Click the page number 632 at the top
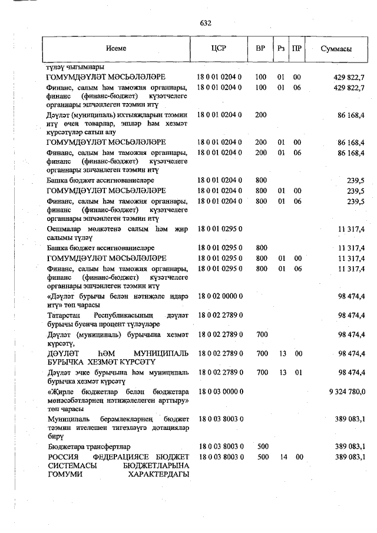206,24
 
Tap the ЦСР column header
219,49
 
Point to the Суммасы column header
336,49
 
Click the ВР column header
260,49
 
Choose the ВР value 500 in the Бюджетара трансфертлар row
262,447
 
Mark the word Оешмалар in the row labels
64,228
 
